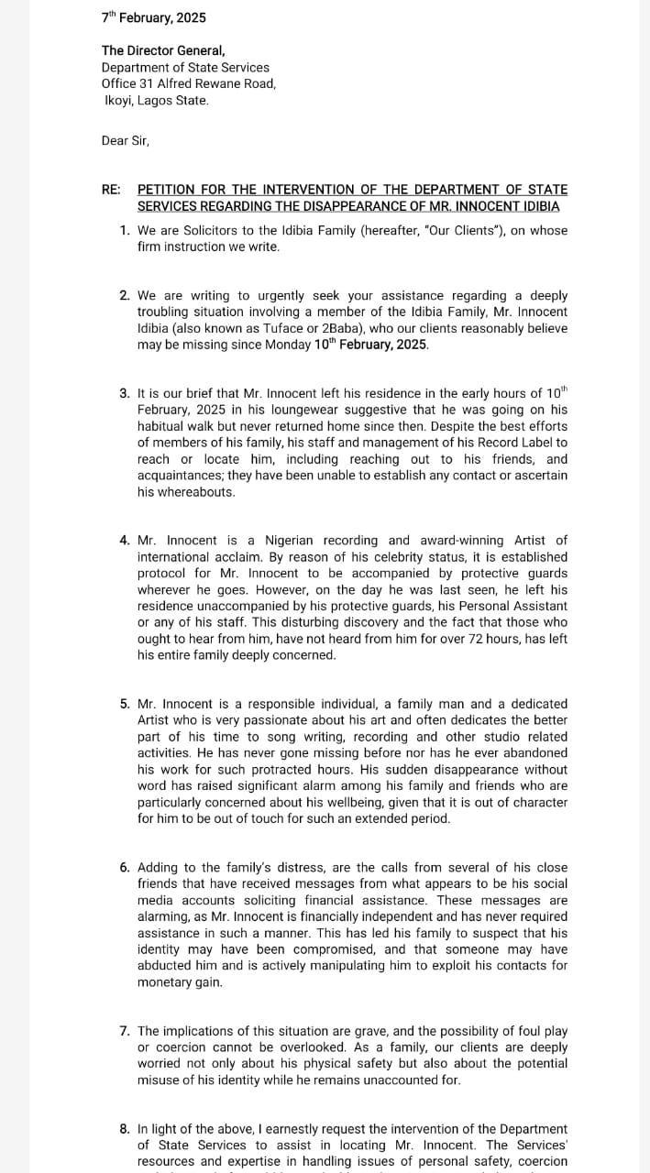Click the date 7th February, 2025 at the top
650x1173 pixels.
(154, 17)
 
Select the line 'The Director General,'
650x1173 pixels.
(163, 50)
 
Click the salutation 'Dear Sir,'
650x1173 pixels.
(125, 140)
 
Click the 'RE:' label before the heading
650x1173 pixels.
(111, 190)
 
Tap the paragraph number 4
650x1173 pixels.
(124, 541)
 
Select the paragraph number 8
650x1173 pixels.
(124, 1129)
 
